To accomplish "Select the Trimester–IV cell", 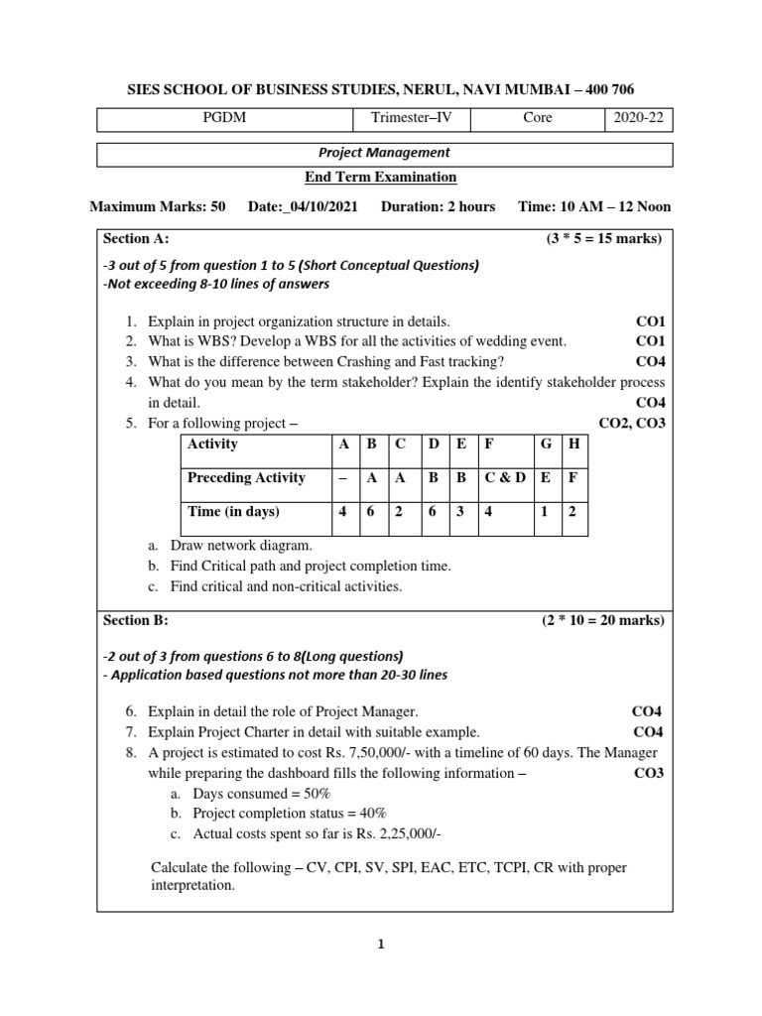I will (x=412, y=118).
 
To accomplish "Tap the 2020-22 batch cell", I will (x=642, y=118).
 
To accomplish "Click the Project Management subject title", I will (x=384, y=153).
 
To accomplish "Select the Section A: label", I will (x=137, y=239).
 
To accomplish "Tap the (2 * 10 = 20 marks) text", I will (x=602, y=621).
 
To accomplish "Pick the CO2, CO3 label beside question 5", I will (x=632, y=424).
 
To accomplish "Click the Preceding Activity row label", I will (x=246, y=478).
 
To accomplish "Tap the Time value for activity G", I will (x=546, y=512).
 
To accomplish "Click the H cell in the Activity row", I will (x=573, y=444).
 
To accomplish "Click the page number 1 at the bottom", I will (x=380, y=946).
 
